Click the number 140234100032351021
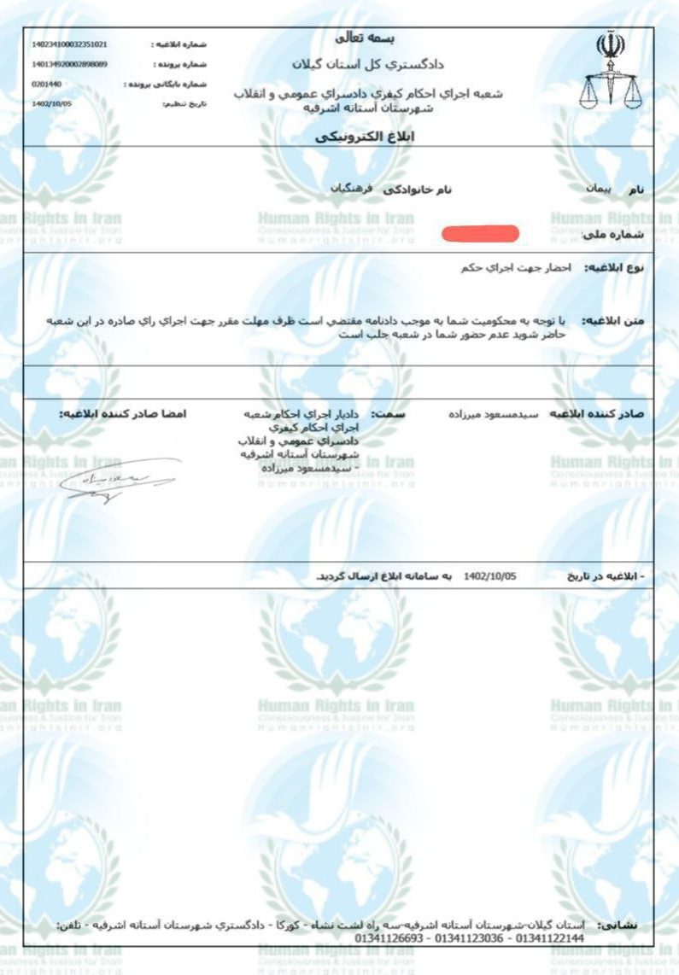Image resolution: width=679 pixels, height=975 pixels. click(x=69, y=44)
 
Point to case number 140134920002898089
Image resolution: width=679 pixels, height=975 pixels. click(x=69, y=64)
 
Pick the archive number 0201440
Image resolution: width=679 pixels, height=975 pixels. click(x=46, y=84)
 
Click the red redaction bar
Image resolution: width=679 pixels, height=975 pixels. click(x=480, y=232)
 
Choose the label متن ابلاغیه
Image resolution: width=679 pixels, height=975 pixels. click(x=612, y=321)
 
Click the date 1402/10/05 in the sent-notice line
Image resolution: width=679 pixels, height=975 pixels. click(x=489, y=577)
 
